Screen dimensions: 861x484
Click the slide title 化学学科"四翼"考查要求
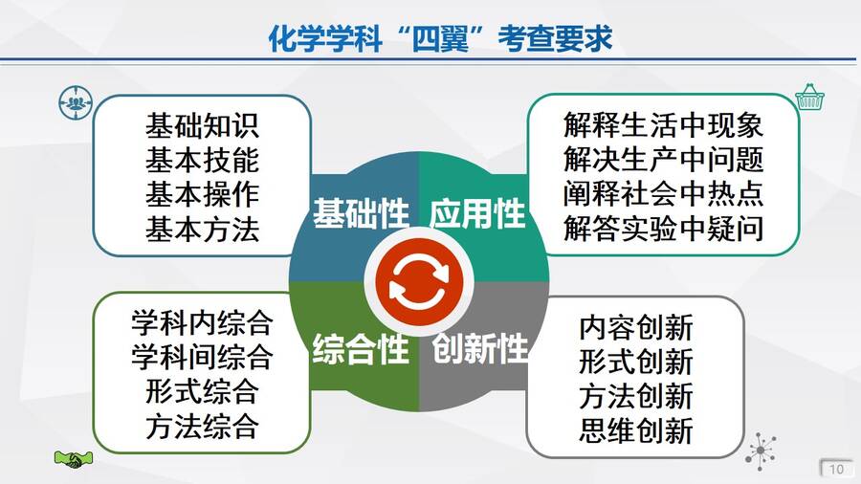tap(440, 38)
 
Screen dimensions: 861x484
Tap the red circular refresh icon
tap(418, 281)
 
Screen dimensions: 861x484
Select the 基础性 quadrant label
tap(361, 213)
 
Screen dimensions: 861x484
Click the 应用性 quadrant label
tap(477, 213)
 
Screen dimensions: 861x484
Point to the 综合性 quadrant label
tap(361, 349)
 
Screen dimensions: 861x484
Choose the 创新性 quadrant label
tap(479, 349)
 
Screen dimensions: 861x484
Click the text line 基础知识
tap(202, 125)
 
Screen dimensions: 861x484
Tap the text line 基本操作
tap(202, 195)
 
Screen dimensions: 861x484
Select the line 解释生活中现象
tap(663, 125)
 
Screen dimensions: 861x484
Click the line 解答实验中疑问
tap(663, 229)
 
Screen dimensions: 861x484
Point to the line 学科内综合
tap(202, 322)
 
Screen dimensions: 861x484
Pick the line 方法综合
tap(202, 427)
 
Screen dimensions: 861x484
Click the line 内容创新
tap(636, 327)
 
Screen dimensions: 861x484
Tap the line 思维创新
tap(636, 430)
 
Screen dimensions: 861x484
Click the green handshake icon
tap(74, 459)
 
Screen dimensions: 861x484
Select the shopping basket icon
tap(810, 98)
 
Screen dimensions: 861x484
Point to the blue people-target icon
tap(76, 102)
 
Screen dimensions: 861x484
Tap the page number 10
tap(836, 470)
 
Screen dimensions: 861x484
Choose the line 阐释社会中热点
tap(663, 195)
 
